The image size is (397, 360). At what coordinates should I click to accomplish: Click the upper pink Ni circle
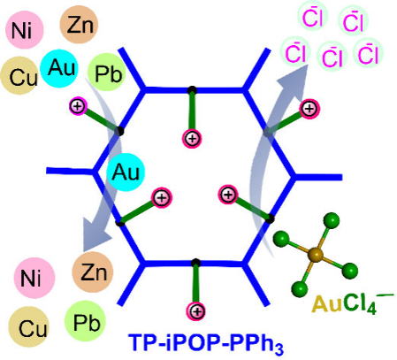(x=25, y=30)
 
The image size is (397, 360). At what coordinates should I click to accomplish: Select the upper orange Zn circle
(x=79, y=25)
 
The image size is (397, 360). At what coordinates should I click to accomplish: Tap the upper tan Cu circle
(x=19, y=76)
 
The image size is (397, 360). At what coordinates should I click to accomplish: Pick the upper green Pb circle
(x=107, y=73)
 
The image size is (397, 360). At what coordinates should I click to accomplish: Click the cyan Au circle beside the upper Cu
(x=59, y=67)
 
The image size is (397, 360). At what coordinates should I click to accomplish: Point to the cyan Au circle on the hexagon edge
(x=126, y=172)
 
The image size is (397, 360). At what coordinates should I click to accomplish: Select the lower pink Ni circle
(x=34, y=278)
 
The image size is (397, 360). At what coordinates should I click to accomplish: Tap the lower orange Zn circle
(x=93, y=272)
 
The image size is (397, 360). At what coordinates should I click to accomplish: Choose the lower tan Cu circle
(x=28, y=326)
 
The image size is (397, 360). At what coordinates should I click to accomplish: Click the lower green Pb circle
(x=85, y=321)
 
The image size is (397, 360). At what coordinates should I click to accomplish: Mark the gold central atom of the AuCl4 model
(x=315, y=255)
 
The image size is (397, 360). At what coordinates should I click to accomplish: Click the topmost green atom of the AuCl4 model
(x=332, y=220)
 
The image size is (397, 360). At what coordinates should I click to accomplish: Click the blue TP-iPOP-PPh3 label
(x=206, y=343)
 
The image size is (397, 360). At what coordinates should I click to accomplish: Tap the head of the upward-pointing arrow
(x=294, y=78)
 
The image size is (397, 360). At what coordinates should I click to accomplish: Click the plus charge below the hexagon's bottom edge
(x=196, y=311)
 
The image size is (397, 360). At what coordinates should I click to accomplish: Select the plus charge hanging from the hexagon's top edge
(x=192, y=138)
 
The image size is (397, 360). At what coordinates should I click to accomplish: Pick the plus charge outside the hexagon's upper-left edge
(x=78, y=106)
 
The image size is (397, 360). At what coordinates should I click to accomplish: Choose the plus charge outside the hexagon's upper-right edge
(x=309, y=109)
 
